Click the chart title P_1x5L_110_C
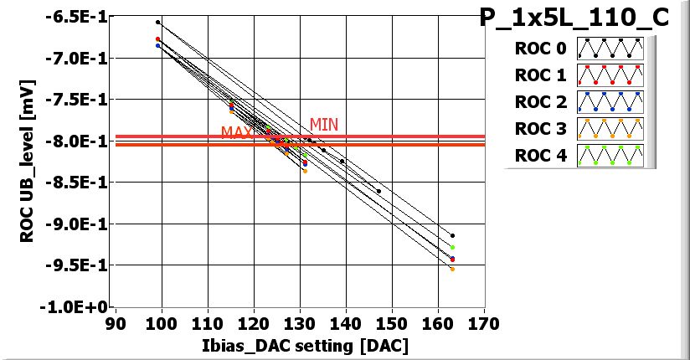574,18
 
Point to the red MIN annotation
324,125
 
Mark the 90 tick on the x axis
116,322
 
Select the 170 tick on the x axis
484,322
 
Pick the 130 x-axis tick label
300,322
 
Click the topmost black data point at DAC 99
157,22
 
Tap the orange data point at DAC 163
452,269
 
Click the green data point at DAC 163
452,247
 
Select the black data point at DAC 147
378,191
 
